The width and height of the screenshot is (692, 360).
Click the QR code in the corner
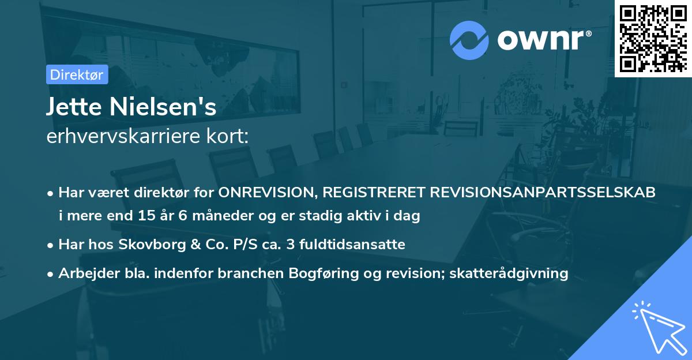pyautogui.click(x=653, y=38)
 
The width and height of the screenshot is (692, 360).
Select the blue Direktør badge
pyautogui.click(x=77, y=74)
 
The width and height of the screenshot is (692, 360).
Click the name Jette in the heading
pyautogui.click(x=73, y=107)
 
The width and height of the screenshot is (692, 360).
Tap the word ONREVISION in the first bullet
pyautogui.click(x=269, y=193)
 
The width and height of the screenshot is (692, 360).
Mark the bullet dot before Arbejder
pyautogui.click(x=51, y=273)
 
